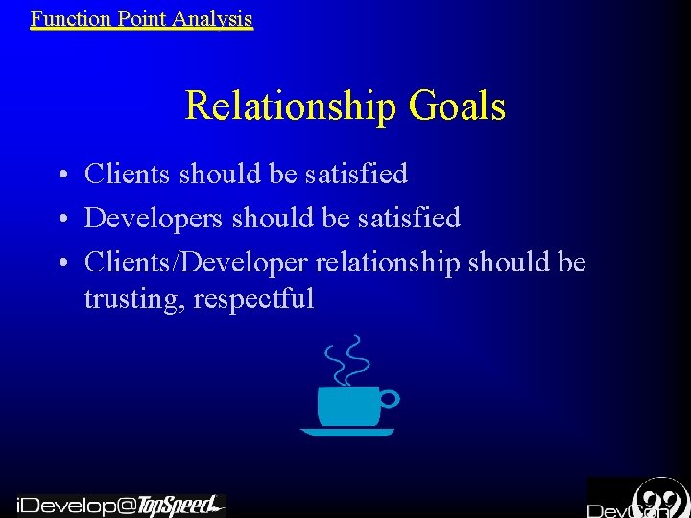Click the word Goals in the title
[x=457, y=106]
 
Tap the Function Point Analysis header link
[x=141, y=17]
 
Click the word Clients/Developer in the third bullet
[x=196, y=262]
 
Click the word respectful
[x=253, y=299]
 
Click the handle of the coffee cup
[x=389, y=398]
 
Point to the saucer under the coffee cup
[x=346, y=433]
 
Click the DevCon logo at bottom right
[x=638, y=499]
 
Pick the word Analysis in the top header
[x=215, y=17]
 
